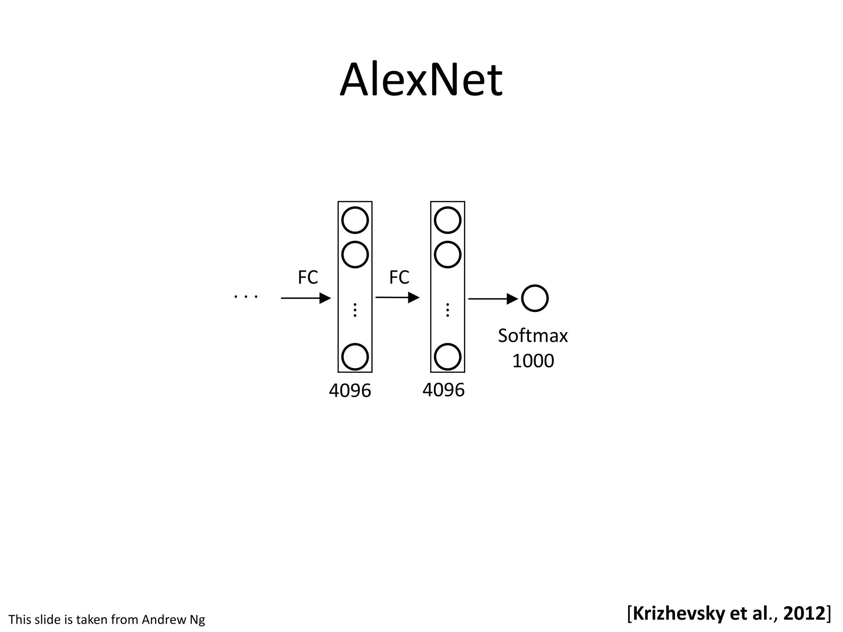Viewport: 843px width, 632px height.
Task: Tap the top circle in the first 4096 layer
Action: click(x=355, y=220)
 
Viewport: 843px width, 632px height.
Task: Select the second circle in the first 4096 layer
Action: click(x=355, y=255)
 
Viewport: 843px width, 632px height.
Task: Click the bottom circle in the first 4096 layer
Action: click(x=355, y=357)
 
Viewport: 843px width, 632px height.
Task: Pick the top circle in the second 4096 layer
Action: click(x=447, y=220)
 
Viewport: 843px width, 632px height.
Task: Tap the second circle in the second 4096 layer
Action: click(x=447, y=255)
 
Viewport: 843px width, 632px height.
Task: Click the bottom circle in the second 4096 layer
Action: click(x=447, y=357)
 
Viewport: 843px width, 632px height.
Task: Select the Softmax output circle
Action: click(x=535, y=298)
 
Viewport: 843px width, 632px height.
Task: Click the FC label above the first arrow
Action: click(x=308, y=278)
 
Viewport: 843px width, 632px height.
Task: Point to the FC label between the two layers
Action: click(x=399, y=278)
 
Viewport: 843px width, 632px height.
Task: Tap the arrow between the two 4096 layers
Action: click(x=397, y=297)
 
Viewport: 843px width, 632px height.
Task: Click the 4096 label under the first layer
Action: click(x=350, y=390)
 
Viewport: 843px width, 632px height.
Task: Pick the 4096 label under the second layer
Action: click(x=443, y=390)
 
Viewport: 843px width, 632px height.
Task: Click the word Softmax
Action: click(x=533, y=336)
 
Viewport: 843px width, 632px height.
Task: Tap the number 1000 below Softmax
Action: click(x=533, y=361)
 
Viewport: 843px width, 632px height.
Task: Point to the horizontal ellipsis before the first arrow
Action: click(x=246, y=296)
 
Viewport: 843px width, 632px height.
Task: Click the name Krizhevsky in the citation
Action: click(x=679, y=613)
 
